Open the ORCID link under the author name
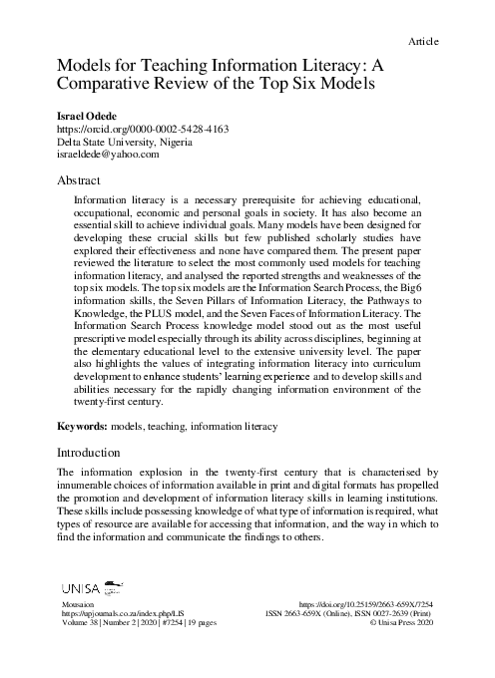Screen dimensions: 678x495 point(129,129)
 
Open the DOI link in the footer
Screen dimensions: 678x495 point(368,605)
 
